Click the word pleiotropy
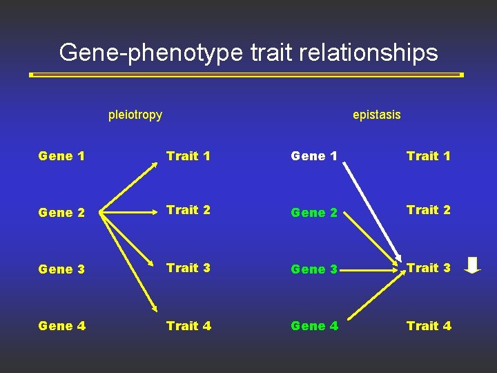pyautogui.click(x=135, y=115)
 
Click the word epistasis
pyautogui.click(x=376, y=115)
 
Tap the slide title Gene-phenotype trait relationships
pyautogui.click(x=248, y=52)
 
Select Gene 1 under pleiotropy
pyautogui.click(x=62, y=156)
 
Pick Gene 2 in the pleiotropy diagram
pyautogui.click(x=62, y=213)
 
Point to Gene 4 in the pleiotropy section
pyautogui.click(x=62, y=326)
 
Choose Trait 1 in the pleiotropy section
pyautogui.click(x=188, y=156)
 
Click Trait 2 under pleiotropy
pyautogui.click(x=188, y=210)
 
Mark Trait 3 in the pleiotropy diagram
pyautogui.click(x=188, y=268)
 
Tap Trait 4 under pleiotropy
pyautogui.click(x=188, y=326)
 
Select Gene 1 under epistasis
pyautogui.click(x=314, y=156)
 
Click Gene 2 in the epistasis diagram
pyautogui.click(x=314, y=213)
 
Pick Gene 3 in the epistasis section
pyautogui.click(x=314, y=269)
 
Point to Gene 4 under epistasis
pyautogui.click(x=314, y=326)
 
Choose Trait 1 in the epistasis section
pyautogui.click(x=429, y=156)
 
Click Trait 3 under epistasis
pyautogui.click(x=429, y=268)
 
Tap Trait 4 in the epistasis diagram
pyautogui.click(x=429, y=326)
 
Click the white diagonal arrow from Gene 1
pyautogui.click(x=373, y=211)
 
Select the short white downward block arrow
pyautogui.click(x=472, y=265)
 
